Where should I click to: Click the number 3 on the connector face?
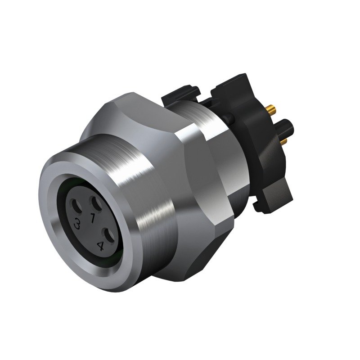(78, 223)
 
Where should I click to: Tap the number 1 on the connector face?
(93, 219)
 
